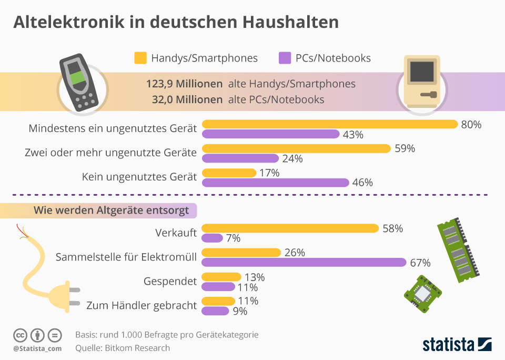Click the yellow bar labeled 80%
(x=330, y=124)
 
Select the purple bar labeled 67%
(x=304, y=262)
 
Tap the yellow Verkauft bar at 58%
(x=290, y=228)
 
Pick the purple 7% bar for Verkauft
(x=212, y=238)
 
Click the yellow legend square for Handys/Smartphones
(x=140, y=58)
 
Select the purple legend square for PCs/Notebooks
(x=285, y=58)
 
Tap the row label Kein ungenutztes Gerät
(x=139, y=177)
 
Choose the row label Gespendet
(x=170, y=282)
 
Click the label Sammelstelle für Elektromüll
(x=126, y=257)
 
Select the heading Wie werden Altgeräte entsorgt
(x=111, y=211)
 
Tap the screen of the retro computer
(x=422, y=72)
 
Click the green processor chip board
(x=422, y=294)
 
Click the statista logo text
(x=448, y=345)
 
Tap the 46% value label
(x=362, y=183)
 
